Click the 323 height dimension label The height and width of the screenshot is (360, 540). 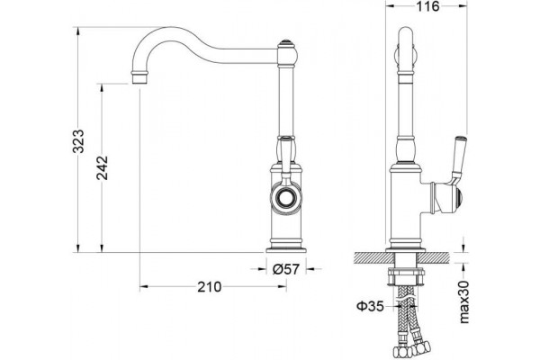click(x=79, y=141)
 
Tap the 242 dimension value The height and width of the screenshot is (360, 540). click(x=103, y=167)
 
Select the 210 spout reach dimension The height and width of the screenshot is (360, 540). click(x=210, y=286)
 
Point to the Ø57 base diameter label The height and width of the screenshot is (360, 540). click(x=286, y=269)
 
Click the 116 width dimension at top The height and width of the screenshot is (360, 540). click(x=428, y=6)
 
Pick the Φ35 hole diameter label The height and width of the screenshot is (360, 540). click(x=370, y=306)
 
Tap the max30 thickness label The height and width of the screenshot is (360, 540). click(x=464, y=301)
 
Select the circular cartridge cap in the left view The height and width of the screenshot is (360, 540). click(x=285, y=198)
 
